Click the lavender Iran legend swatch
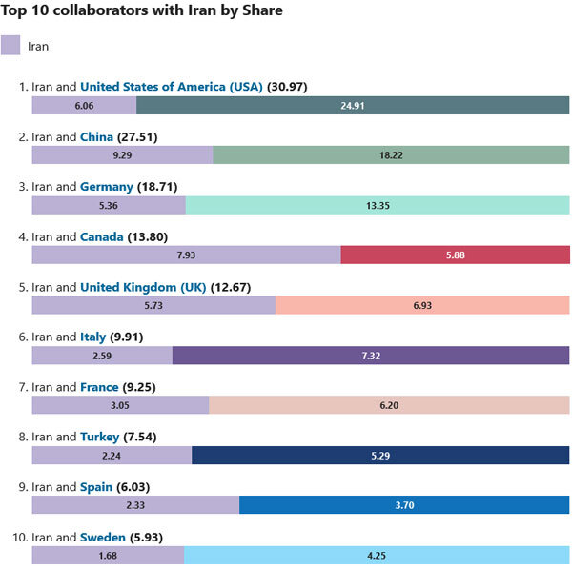point(10,45)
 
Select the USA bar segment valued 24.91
point(353,106)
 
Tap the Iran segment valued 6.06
point(84,106)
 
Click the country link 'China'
point(96,137)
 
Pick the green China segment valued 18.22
point(391,155)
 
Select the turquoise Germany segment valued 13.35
point(378,205)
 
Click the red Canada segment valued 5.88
point(455,255)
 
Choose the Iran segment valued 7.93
point(186,255)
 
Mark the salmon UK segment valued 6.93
point(422,305)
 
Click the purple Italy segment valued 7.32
point(371,355)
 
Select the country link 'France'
point(99,387)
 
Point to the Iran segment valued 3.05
point(120,405)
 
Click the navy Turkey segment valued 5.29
point(380,455)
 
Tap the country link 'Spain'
point(96,486)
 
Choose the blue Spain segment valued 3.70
point(404,504)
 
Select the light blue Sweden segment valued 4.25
point(377,555)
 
